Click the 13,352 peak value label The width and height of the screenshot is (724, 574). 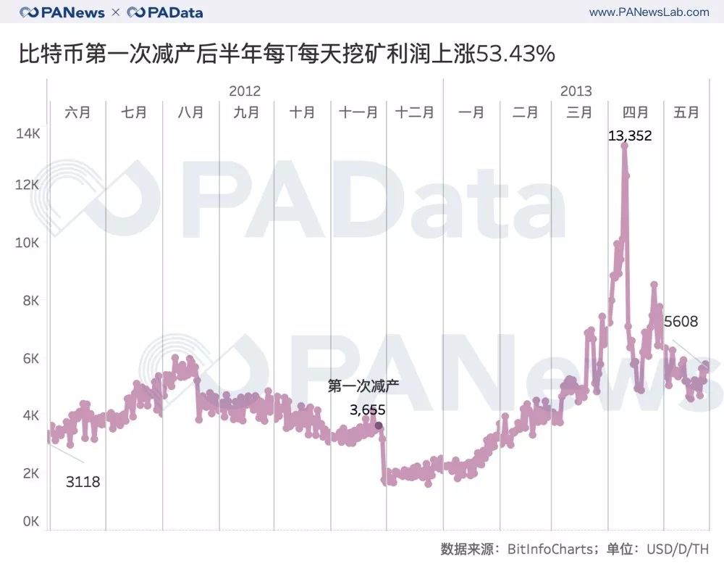point(630,135)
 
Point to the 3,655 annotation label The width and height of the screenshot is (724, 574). point(367,410)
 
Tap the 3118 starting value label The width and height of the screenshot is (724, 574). point(83,481)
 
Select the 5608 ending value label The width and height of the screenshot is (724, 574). point(681,321)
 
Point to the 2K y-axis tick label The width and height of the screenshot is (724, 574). point(29,473)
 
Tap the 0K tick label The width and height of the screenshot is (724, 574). point(29,521)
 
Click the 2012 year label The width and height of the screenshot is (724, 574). point(245,91)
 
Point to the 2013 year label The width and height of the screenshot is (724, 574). point(576,91)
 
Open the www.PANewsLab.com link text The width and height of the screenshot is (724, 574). point(649,12)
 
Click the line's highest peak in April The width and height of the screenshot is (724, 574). point(624,146)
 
